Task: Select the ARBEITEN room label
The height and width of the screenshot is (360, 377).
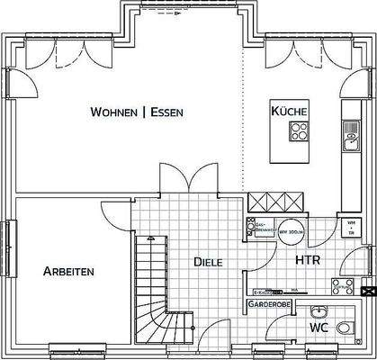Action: pos(68,270)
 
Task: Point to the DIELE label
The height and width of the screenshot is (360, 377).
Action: pos(209,262)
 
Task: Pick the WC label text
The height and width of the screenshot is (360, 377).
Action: pos(318,328)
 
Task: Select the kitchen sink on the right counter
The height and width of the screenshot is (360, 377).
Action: pos(349,142)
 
